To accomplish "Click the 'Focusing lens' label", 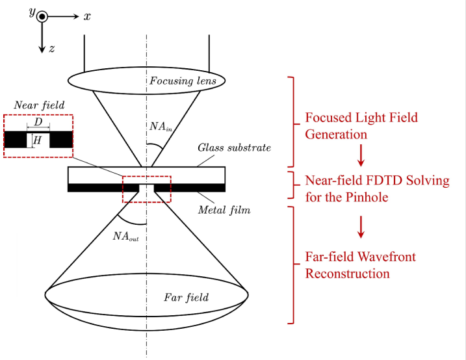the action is [x=183, y=81].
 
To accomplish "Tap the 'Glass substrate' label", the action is [x=235, y=148].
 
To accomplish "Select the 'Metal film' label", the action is [x=224, y=210].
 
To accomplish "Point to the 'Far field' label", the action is [x=187, y=298].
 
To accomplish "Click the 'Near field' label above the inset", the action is [x=39, y=105].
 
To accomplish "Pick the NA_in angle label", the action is [x=161, y=127].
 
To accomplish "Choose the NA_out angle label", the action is [x=125, y=237].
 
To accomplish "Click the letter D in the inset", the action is [x=38, y=122].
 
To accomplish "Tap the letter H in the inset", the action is [x=37, y=140].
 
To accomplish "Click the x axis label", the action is [x=87, y=17].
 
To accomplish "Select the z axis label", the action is [x=52, y=49].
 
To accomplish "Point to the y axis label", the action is [x=32, y=12].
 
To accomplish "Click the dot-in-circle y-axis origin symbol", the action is [x=42, y=17].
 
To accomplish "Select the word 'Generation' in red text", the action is [x=336, y=135].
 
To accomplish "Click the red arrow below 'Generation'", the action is [x=361, y=155].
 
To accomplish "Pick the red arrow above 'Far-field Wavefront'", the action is [x=361, y=227].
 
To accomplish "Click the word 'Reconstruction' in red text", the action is [x=348, y=274].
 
